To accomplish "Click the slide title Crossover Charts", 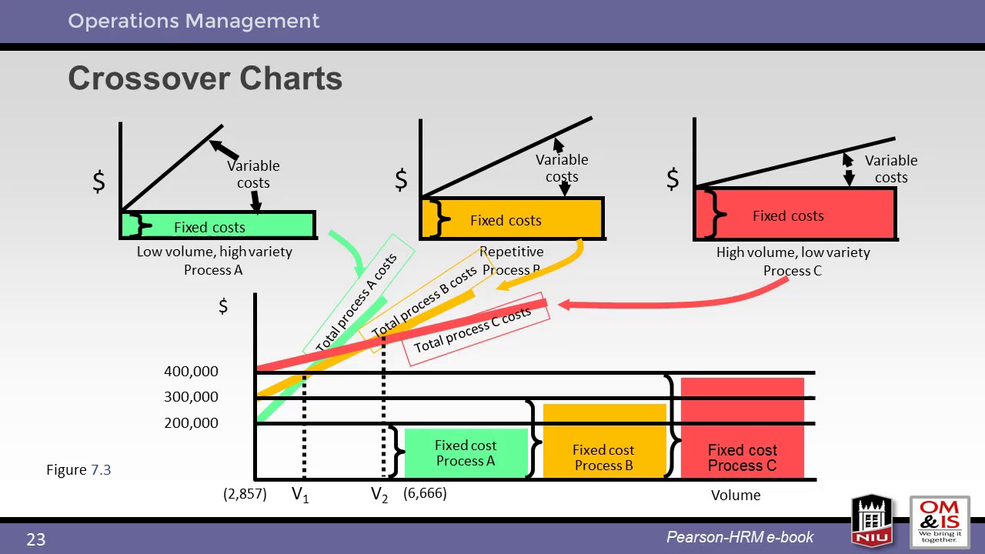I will pos(205,78).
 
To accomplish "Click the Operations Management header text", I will pos(193,21).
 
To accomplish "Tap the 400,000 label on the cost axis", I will pos(191,372).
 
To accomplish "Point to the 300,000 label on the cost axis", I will pos(191,397).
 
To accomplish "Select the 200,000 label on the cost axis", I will pos(191,423).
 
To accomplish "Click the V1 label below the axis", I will pos(300,495).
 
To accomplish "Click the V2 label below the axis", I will pos(379,495).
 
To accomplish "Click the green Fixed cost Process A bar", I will pos(466,453).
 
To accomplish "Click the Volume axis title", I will pos(736,496).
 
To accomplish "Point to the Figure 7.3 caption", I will pos(78,469).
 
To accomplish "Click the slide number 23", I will pos(36,540).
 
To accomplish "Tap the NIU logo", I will pos(871,520).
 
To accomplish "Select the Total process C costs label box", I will pos(472,329).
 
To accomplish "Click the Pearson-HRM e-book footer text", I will pos(740,538).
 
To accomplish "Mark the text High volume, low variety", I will pos(793,252).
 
